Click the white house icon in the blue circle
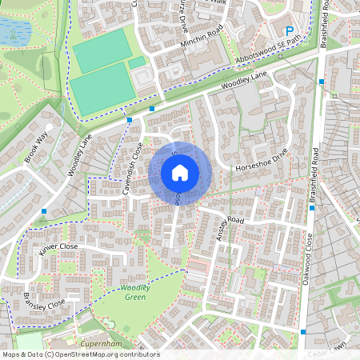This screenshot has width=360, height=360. [x=179, y=172]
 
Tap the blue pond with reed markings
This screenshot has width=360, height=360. [x=14, y=30]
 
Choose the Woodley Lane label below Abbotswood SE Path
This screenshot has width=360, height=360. [x=245, y=78]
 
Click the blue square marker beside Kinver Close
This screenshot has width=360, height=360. [x=45, y=211]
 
